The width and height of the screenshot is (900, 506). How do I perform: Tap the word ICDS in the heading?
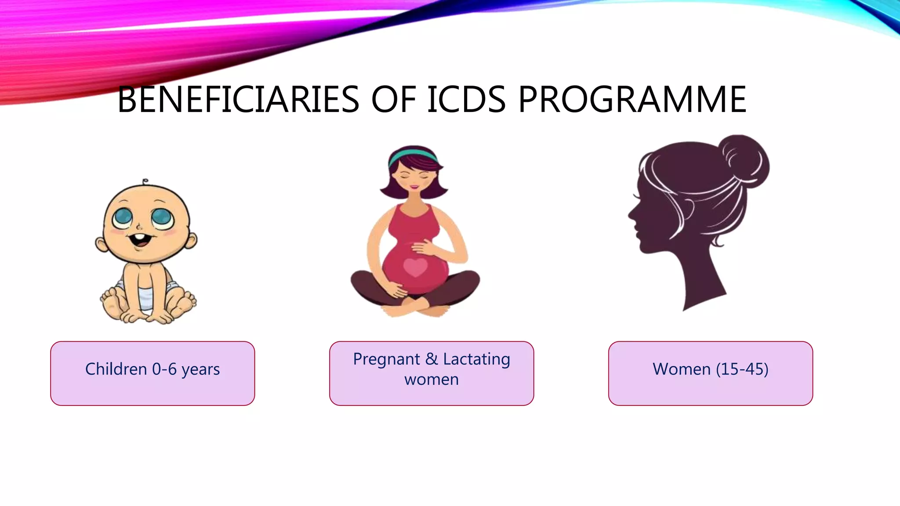click(466, 100)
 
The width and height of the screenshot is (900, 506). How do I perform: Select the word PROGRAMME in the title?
click(632, 100)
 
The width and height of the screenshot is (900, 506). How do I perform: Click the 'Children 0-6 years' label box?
click(152, 373)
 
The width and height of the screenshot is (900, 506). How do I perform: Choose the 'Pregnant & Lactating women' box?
click(432, 373)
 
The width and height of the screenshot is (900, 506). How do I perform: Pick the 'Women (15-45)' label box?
click(711, 373)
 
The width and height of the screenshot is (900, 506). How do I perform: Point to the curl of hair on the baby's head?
click(145, 181)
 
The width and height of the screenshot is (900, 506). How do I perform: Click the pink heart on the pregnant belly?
click(415, 267)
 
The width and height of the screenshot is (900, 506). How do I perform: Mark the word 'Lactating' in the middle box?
click(476, 359)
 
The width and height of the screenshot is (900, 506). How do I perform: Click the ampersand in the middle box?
click(432, 359)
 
